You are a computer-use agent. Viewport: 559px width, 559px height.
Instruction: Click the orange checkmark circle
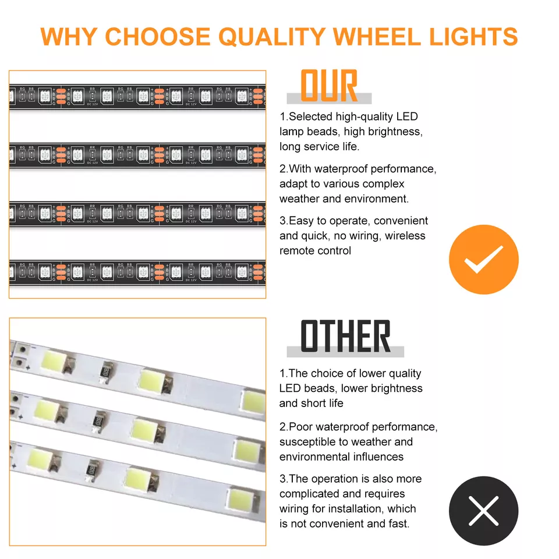[483, 260]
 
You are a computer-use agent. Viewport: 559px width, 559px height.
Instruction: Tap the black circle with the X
[483, 511]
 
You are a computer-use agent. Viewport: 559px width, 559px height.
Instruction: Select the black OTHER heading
[345, 337]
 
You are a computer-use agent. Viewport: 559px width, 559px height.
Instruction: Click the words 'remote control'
[315, 251]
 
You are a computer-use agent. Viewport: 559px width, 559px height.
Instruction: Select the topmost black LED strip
[138, 97]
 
